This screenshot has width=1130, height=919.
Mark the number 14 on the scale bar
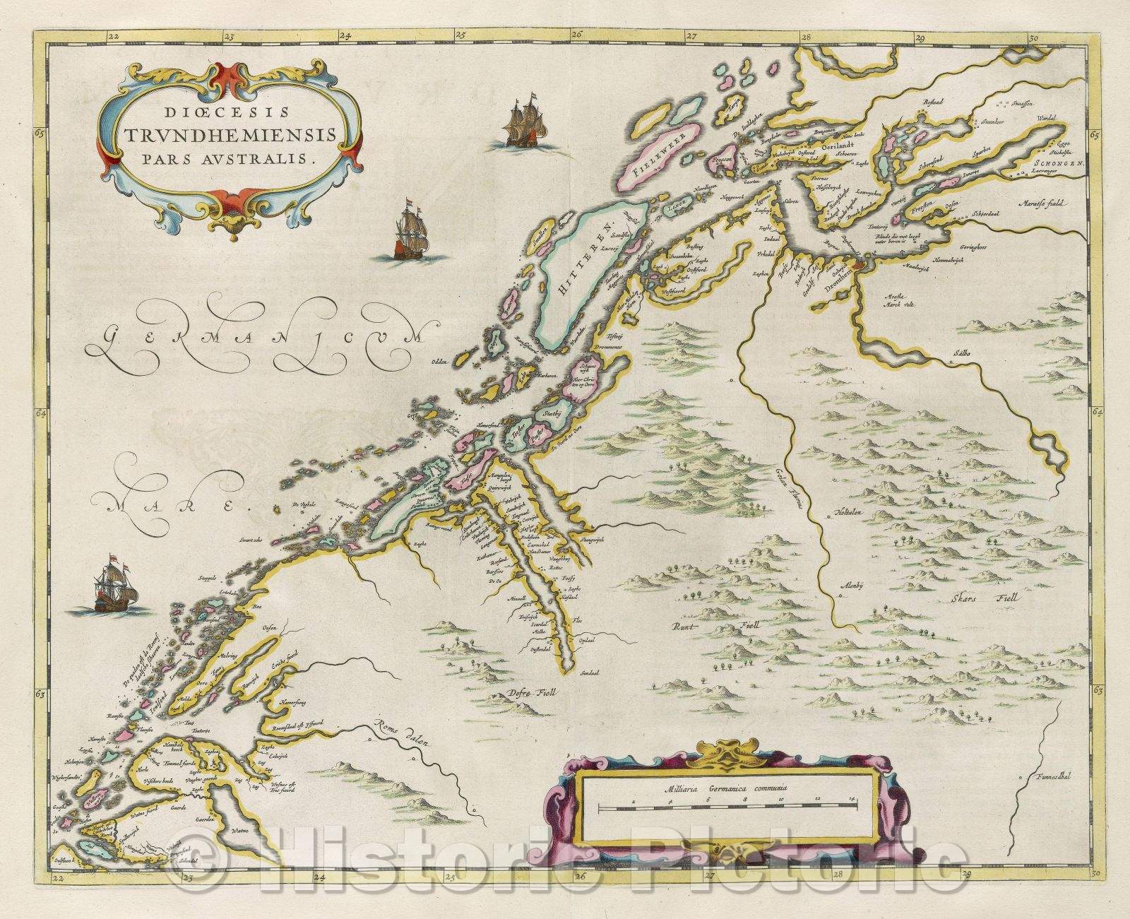(x=853, y=799)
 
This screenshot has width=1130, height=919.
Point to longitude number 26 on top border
(x=576, y=33)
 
